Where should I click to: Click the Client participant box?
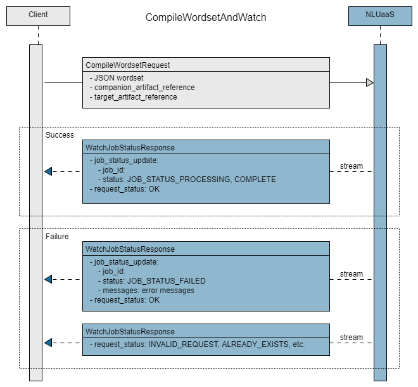[x=38, y=16]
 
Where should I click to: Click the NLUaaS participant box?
[x=380, y=16]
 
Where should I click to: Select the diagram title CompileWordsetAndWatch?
[x=206, y=17]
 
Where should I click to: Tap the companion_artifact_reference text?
[x=144, y=88]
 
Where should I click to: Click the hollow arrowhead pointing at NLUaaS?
[x=369, y=82]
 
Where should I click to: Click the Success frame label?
[x=60, y=135]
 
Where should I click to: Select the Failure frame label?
[x=57, y=237]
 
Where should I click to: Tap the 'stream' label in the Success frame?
[x=351, y=166]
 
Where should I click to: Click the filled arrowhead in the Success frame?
[x=48, y=171]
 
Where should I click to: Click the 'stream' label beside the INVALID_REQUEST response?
[x=351, y=338]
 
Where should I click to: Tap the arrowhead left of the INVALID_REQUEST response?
[x=48, y=343]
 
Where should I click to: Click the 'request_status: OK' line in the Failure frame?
[x=127, y=300]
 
